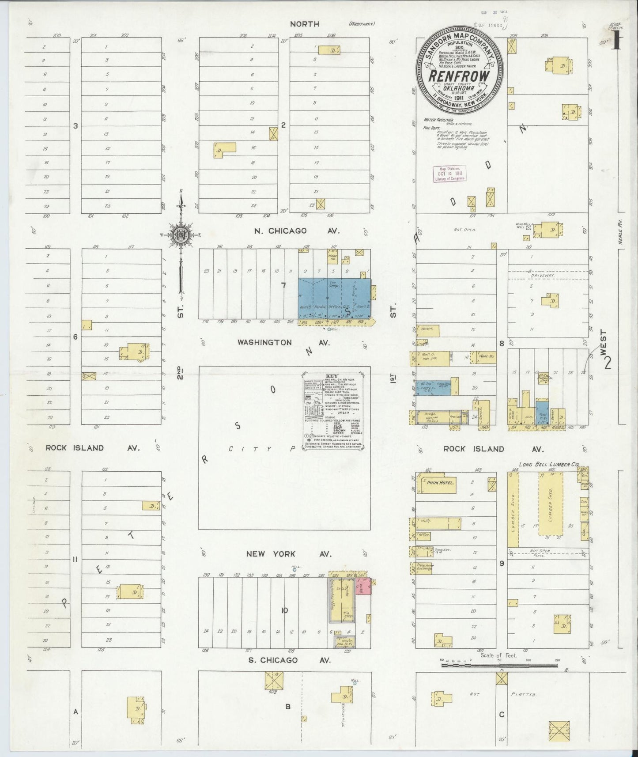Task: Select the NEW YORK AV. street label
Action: (x=283, y=554)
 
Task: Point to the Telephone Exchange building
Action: (x=423, y=568)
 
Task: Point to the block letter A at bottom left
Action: (x=76, y=712)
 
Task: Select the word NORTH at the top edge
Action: (x=304, y=24)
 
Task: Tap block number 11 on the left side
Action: (x=76, y=559)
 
